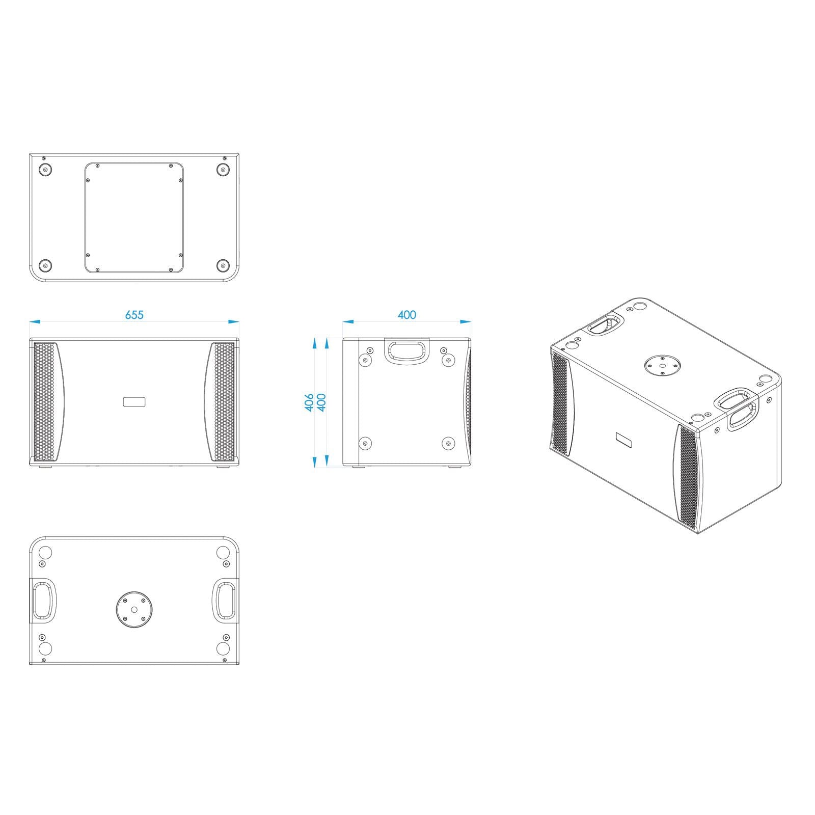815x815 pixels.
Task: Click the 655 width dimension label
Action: pos(134,315)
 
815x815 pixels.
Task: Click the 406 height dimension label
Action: pos(309,402)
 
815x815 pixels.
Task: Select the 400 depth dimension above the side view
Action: pos(407,315)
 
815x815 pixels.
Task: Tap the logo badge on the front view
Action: pos(134,402)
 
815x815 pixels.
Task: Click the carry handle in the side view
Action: pos(406,351)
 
